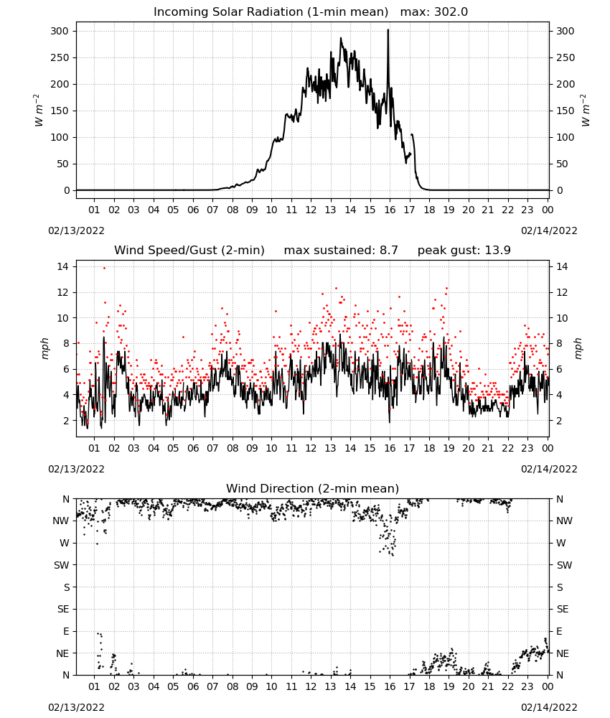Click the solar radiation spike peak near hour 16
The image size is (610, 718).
click(x=388, y=30)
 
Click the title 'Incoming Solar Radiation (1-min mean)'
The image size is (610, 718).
click(x=271, y=12)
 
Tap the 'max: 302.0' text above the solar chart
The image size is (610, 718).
click(x=434, y=12)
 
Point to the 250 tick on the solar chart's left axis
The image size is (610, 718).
click(x=60, y=57)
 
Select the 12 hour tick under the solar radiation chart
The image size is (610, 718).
click(x=311, y=210)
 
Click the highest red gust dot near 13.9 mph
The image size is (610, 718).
click(x=104, y=268)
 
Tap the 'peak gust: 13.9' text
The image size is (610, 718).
click(x=464, y=251)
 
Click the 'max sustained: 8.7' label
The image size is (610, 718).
click(x=341, y=251)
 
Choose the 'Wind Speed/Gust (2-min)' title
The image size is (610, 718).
click(x=189, y=251)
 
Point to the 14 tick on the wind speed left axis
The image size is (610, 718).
click(x=63, y=266)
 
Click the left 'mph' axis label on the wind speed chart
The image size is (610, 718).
click(x=44, y=348)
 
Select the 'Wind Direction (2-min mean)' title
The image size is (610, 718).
click(x=313, y=488)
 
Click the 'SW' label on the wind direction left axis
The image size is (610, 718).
click(x=62, y=565)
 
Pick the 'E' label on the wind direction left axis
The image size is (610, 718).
click(x=66, y=631)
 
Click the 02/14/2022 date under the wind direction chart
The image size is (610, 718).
click(x=549, y=707)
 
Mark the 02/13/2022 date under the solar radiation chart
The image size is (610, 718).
click(x=76, y=230)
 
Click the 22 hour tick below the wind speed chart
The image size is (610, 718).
click(x=507, y=448)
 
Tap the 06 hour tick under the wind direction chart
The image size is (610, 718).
click(x=193, y=686)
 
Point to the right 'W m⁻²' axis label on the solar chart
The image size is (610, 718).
click(x=586, y=111)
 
